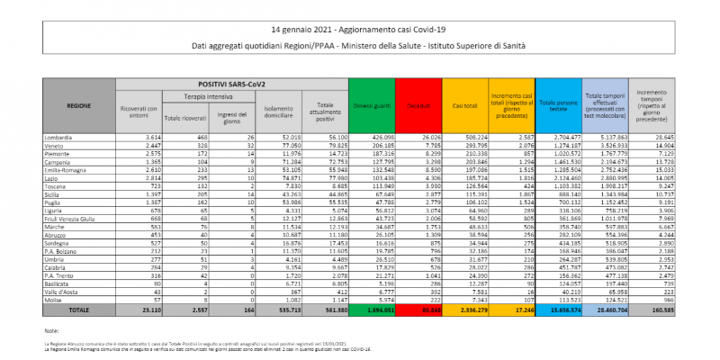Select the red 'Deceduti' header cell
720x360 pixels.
(x=418, y=105)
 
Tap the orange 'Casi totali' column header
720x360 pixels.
(x=464, y=105)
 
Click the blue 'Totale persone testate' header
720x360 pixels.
(x=557, y=105)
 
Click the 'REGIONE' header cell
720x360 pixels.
(x=79, y=105)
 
